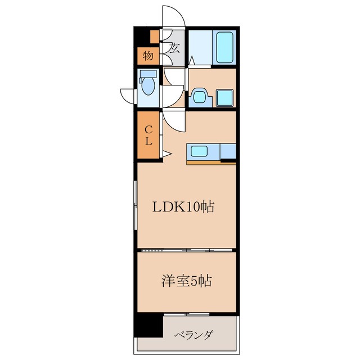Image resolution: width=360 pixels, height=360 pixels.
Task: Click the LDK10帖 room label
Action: (183, 207)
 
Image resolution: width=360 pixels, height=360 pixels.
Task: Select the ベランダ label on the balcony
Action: (193, 336)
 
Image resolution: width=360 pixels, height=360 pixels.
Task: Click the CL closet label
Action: (148, 136)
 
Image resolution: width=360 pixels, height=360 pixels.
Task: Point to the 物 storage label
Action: (147, 56)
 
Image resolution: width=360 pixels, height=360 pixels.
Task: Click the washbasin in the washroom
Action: (200, 97)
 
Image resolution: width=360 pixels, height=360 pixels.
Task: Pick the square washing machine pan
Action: (225, 98)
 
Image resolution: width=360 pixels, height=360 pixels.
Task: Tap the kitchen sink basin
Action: (201, 151)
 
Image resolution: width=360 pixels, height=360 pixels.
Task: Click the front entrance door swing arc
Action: (172, 17)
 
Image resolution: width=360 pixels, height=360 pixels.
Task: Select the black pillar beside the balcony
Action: (148, 326)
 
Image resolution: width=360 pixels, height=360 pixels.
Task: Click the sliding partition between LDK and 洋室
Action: (186, 249)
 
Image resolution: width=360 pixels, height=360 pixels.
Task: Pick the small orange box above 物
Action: (154, 37)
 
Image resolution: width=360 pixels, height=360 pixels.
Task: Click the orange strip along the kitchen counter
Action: (205, 162)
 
